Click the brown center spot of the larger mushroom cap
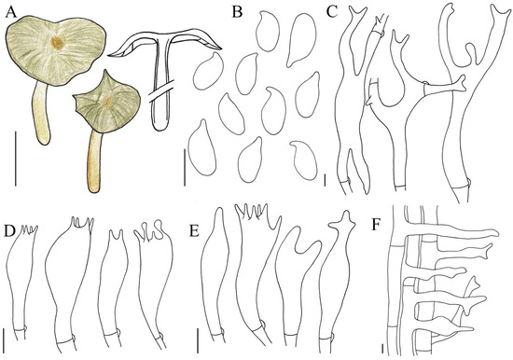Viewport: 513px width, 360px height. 59,42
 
